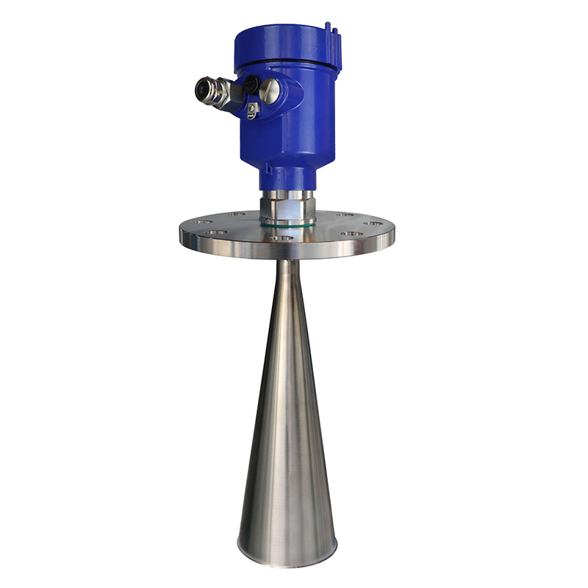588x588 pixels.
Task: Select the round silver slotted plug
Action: pyautogui.click(x=270, y=91)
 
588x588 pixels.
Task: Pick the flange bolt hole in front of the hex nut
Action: pyautogui.click(x=277, y=238)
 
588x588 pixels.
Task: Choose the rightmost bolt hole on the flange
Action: pyautogui.click(x=374, y=223)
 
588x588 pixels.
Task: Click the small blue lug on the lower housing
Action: pyautogui.click(x=268, y=171)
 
